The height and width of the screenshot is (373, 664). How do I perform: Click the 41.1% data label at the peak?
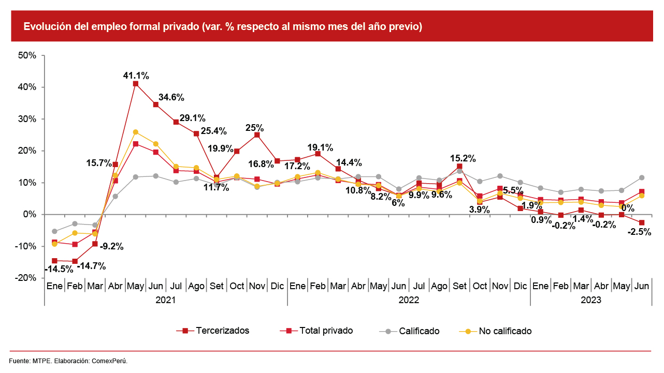point(136,76)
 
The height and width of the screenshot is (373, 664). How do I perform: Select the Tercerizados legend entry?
point(222,331)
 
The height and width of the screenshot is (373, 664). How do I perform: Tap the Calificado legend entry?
point(419,331)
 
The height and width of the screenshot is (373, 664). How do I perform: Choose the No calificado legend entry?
point(505,331)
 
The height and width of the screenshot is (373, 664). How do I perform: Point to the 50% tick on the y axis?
point(26,55)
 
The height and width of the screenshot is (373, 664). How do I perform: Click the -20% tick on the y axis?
point(25,278)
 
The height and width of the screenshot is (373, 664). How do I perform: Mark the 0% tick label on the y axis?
point(29,214)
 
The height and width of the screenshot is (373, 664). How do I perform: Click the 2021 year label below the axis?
point(166,300)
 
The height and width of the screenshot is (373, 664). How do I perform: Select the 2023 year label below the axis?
point(591,300)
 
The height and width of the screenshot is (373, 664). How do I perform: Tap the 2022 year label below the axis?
point(409,300)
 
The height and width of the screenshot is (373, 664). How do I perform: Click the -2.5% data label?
point(639,232)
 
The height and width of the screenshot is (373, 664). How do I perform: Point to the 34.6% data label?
point(171,97)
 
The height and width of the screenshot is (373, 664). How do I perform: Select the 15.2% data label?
point(463,158)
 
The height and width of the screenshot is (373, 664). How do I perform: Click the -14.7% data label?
point(91,266)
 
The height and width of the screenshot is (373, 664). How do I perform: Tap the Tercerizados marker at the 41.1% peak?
point(136,84)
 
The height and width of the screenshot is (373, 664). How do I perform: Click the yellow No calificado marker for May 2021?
point(136,132)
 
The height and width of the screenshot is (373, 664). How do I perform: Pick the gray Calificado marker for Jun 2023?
point(642,177)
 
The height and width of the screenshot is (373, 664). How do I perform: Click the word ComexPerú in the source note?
point(110,361)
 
